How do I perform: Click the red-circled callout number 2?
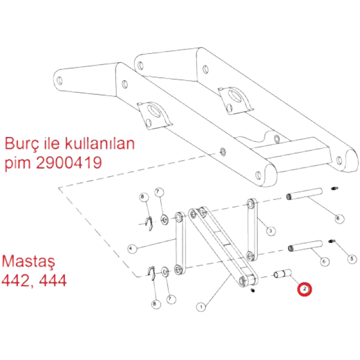(x=305, y=289)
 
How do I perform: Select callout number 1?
(x=201, y=307)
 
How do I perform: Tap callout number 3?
(x=271, y=231)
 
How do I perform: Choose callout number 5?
(x=352, y=259)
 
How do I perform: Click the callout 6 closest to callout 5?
(x=324, y=261)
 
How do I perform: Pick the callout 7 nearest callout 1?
(x=170, y=299)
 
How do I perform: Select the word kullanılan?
(x=100, y=143)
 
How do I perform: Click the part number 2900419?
(x=69, y=163)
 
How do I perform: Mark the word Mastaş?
(x=28, y=262)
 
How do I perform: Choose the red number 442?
(x=17, y=280)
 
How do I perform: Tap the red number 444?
(x=53, y=280)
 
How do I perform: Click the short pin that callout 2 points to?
(x=283, y=274)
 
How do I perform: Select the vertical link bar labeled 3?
(x=252, y=230)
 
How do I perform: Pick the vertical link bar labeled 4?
(x=180, y=243)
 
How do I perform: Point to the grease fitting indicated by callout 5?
(x=332, y=241)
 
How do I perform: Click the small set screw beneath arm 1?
(x=253, y=291)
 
